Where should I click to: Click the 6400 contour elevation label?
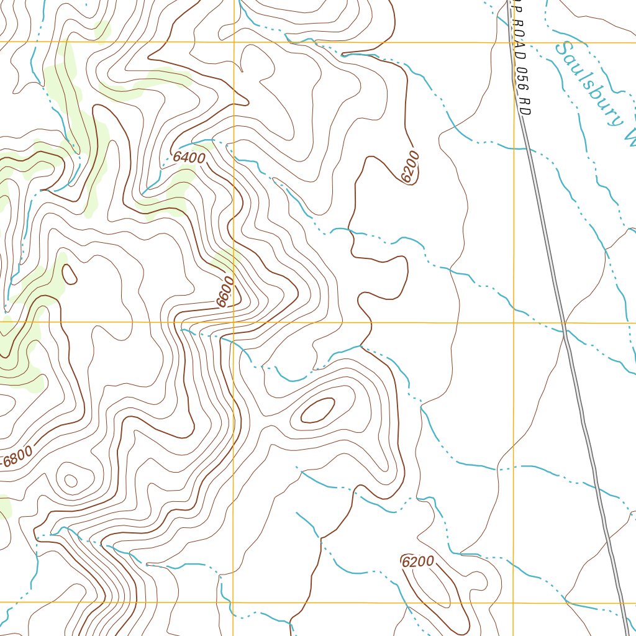[189, 158]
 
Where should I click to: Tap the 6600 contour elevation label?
[225, 292]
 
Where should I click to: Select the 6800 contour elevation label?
[17, 460]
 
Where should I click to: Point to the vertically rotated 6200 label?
[411, 167]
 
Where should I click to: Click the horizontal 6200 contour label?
[418, 562]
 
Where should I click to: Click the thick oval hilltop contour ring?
[318, 411]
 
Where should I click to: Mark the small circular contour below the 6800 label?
[71, 480]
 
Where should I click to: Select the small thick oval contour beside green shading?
[70, 273]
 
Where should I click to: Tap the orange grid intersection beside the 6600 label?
[234, 322]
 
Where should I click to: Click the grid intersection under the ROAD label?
[514, 42]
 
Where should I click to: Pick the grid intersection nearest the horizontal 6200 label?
[514, 602]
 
